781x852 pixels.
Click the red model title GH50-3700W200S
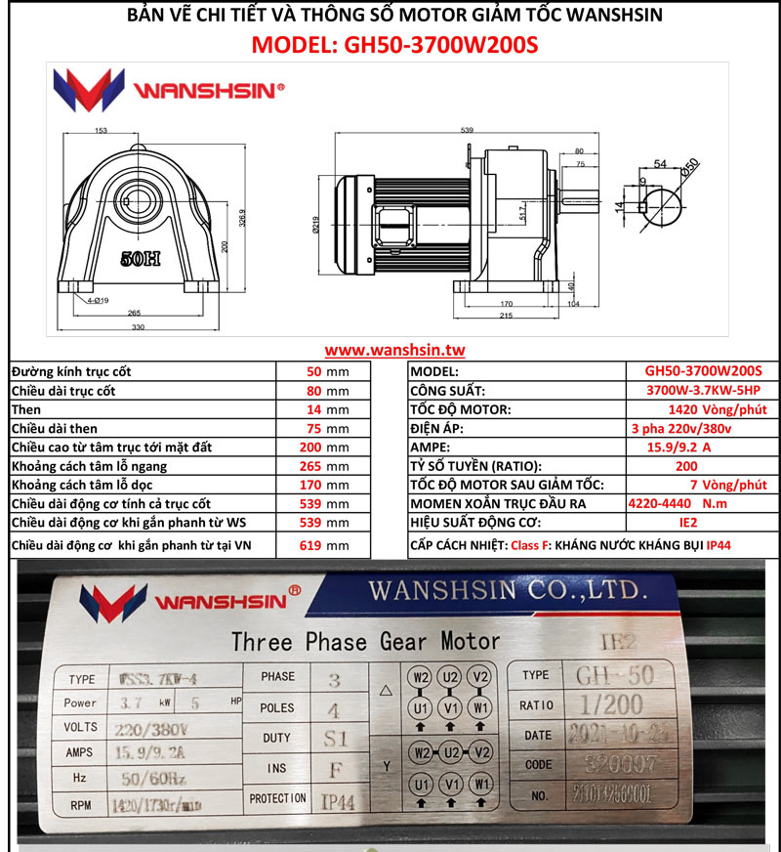click(x=394, y=45)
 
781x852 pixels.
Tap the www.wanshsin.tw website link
click(x=394, y=350)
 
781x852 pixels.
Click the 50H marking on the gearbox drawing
click(x=142, y=260)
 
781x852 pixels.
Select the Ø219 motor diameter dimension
click(x=315, y=226)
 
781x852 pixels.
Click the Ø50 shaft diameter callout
click(x=691, y=168)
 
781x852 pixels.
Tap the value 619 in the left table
click(x=310, y=545)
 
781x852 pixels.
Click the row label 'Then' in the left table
click(x=26, y=409)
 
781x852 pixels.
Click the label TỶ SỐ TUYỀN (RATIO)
click(x=475, y=466)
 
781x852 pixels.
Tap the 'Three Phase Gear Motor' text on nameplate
click(x=365, y=642)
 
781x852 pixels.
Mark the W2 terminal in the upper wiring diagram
click(x=420, y=676)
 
